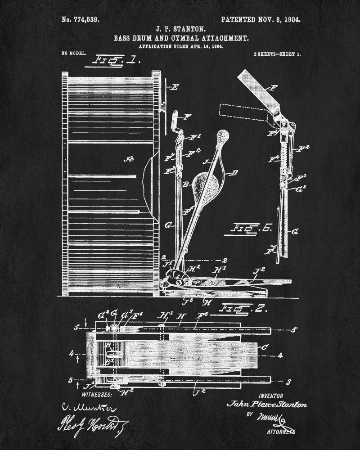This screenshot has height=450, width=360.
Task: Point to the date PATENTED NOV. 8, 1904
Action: pyautogui.click(x=261, y=20)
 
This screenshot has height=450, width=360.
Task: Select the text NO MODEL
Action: pyautogui.click(x=73, y=54)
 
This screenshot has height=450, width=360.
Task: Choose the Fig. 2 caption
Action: pyautogui.click(x=238, y=310)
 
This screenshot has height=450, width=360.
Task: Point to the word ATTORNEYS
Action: pyautogui.click(x=281, y=432)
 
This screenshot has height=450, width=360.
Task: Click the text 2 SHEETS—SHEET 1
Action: pyautogui.click(x=278, y=54)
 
